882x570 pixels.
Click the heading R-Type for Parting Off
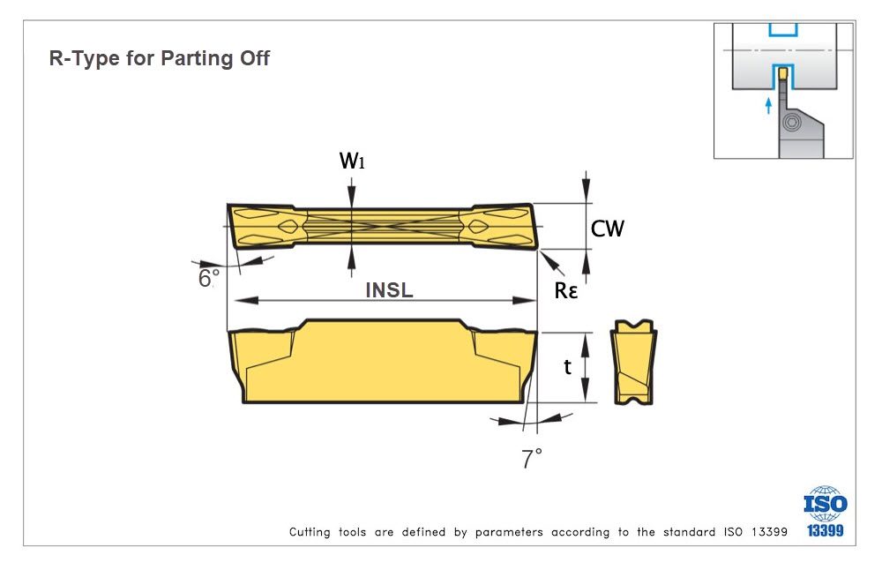coord(159,59)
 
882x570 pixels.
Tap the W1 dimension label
coord(352,161)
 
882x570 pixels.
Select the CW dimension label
coord(607,229)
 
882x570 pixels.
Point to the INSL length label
coord(389,289)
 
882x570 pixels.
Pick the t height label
coord(568,366)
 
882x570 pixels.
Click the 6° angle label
coord(208,279)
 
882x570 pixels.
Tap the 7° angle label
coord(532,459)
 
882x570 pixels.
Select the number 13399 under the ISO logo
coord(825,530)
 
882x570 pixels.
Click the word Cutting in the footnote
coord(310,532)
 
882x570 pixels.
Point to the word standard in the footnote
coord(683,532)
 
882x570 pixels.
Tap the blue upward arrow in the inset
coord(768,106)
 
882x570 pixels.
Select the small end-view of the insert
coord(634,363)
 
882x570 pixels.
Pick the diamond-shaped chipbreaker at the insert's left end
coord(288,228)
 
